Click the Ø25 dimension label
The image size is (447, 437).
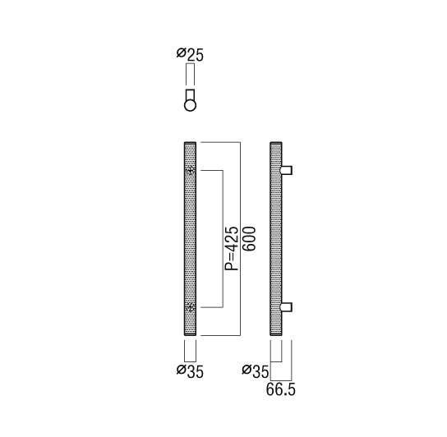pyautogui.click(x=190, y=55)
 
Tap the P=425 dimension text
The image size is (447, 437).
pyautogui.click(x=231, y=249)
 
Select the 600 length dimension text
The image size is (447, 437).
pyautogui.click(x=249, y=238)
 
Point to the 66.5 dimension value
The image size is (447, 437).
pyautogui.click(x=281, y=389)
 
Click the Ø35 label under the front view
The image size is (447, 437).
pyautogui.click(x=190, y=371)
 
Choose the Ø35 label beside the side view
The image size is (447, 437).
pyautogui.click(x=256, y=371)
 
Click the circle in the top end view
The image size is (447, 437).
pyautogui.click(x=190, y=105)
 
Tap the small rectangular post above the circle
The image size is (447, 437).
pyautogui.click(x=190, y=94)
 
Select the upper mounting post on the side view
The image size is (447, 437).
pyautogui.click(x=287, y=170)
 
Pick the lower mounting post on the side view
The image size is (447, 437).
pyautogui.click(x=287, y=307)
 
